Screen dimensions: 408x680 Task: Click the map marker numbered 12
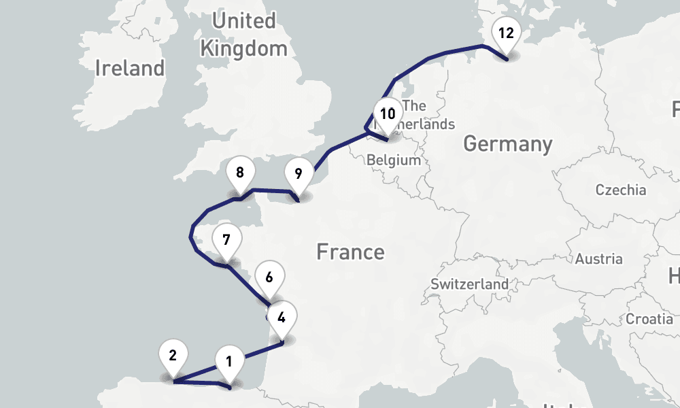coord(505,34)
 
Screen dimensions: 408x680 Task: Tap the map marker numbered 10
coord(388,114)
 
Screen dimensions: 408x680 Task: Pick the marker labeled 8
coord(239,173)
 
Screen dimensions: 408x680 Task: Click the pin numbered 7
coord(226,240)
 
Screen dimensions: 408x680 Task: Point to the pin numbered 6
coord(269,277)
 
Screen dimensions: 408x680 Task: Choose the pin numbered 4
coord(282,316)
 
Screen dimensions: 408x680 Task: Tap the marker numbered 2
coord(173,356)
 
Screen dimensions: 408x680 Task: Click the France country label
coord(350,252)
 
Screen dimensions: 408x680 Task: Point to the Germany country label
coord(507,144)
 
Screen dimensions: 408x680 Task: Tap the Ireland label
coord(130,68)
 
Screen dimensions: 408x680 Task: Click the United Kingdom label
coord(243,35)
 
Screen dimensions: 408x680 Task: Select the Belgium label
coord(393,160)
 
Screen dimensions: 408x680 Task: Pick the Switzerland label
coord(469,284)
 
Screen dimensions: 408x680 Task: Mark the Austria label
coord(598,258)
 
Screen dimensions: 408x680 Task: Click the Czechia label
coord(620,190)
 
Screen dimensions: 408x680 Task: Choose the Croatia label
coord(649,318)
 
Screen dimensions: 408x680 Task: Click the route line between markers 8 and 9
coord(272,190)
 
